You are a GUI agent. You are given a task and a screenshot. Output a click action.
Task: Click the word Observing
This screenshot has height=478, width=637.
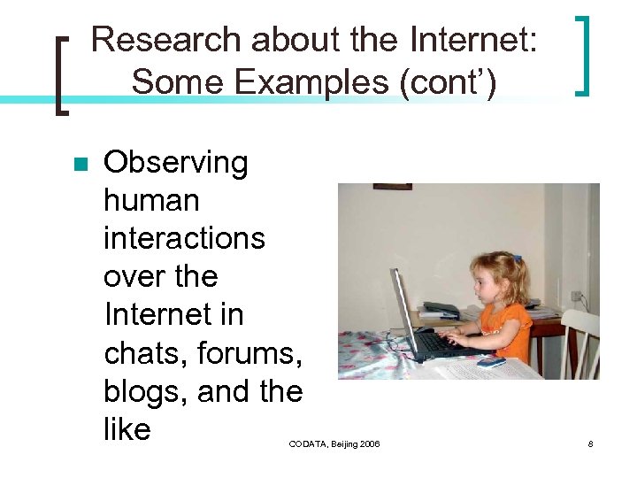pyautogui.click(x=176, y=163)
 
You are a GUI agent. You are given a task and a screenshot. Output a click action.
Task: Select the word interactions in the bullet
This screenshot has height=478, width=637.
pyautogui.click(x=184, y=239)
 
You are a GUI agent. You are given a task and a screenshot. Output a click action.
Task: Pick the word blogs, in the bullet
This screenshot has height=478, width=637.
pyautogui.click(x=142, y=391)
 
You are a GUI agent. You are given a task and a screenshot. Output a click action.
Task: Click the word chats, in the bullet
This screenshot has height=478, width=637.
pyautogui.click(x=145, y=353)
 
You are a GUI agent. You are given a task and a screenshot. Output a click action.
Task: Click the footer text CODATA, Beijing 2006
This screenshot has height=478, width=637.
pyautogui.click(x=334, y=443)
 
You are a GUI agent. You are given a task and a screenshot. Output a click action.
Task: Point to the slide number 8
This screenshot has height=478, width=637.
pyautogui.click(x=590, y=443)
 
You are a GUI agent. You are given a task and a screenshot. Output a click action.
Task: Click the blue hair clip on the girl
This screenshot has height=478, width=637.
pyautogui.click(x=518, y=259)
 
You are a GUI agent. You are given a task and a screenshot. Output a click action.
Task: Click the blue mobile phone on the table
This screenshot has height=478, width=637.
pyautogui.click(x=490, y=361)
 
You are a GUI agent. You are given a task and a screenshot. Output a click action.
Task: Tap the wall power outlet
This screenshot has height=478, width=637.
pyautogui.click(x=576, y=296)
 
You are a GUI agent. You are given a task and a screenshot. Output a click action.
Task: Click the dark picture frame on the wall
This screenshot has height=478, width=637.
pyautogui.click(x=392, y=187)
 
